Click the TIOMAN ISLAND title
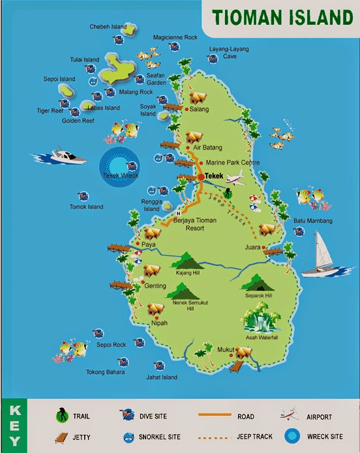coord(282,16)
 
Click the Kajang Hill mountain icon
coord(189,260)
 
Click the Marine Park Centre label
coord(233,163)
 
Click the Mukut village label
coord(226,351)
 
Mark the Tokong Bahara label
coord(105,373)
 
